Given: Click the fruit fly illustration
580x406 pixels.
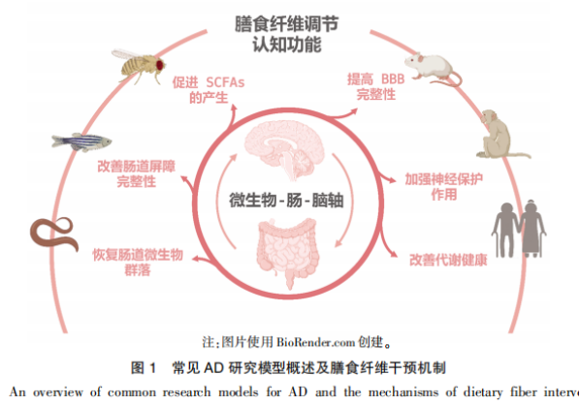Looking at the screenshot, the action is [x=139, y=66].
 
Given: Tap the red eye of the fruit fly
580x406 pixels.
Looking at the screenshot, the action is [x=160, y=65].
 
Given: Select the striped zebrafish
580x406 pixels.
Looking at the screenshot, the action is [x=81, y=141].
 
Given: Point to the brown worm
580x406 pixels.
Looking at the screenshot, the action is [x=54, y=234].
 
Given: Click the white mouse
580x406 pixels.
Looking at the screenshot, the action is [x=433, y=70].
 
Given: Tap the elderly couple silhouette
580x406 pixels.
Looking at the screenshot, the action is [x=519, y=228].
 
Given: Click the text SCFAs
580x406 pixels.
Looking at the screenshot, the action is [x=225, y=82].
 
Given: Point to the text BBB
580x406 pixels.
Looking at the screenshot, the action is [x=393, y=79].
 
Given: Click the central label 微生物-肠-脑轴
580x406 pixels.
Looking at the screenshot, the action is [x=286, y=201].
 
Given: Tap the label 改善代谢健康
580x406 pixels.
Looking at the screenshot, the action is [x=448, y=260].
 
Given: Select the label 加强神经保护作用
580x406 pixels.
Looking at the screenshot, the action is [x=444, y=187].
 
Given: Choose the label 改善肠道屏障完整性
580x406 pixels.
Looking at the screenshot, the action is [x=136, y=173].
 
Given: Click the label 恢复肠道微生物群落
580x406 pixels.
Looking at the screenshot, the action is [x=138, y=263].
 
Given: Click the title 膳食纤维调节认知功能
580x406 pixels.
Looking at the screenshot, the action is [x=287, y=34].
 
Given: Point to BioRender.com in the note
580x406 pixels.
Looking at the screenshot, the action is [x=316, y=342].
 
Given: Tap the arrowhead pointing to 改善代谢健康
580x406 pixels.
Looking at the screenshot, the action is [x=394, y=255].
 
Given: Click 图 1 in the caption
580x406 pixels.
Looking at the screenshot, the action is [x=144, y=368].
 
